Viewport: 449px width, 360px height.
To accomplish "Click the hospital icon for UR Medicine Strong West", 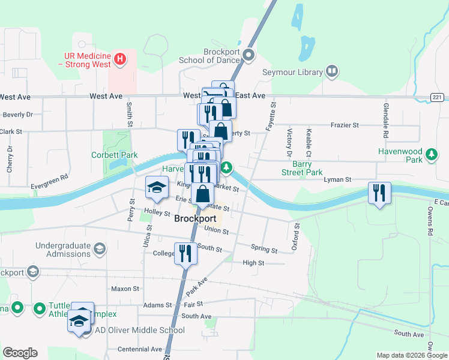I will click(120, 59).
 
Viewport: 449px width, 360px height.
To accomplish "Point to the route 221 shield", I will click(436, 97).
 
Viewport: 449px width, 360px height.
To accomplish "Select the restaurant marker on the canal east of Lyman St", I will click(379, 193).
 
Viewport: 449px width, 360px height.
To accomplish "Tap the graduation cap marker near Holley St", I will click(157, 187).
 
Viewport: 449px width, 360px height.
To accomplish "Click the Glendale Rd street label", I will click(385, 117).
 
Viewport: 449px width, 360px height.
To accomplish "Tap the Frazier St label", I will click(345, 125).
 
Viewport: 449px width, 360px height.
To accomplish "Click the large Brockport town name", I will click(195, 219).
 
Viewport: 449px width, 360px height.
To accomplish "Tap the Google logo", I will click(20, 353).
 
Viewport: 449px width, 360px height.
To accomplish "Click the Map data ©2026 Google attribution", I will click(411, 355).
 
